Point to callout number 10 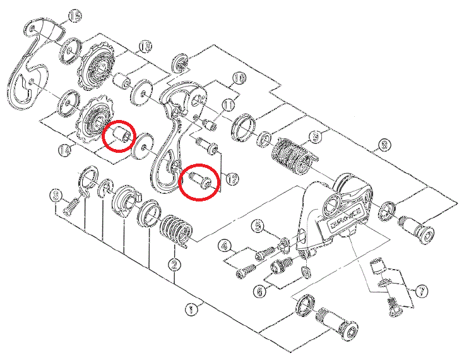(239, 79)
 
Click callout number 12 (232, 179)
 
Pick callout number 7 (421, 292)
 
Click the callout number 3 (56, 195)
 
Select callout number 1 (191, 309)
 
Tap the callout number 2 (175, 265)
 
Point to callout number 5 (257, 225)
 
